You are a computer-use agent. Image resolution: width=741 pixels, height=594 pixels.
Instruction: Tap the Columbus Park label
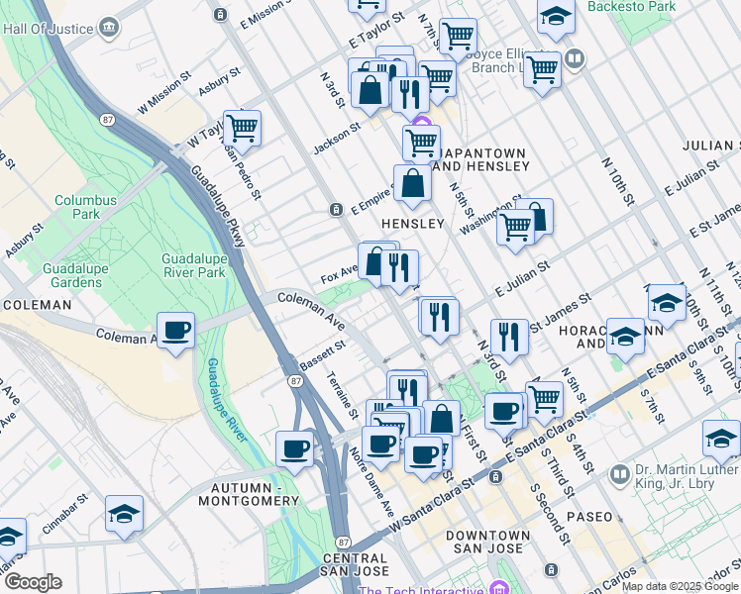85,206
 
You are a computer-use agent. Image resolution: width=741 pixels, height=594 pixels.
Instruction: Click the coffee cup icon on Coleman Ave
176,331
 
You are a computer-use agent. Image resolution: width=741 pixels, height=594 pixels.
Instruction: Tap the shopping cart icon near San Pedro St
242,128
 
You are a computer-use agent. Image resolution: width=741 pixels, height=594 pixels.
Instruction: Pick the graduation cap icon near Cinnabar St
125,514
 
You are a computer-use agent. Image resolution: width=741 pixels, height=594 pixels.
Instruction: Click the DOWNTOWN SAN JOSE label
486,543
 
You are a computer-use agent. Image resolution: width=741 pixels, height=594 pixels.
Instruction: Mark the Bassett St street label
321,354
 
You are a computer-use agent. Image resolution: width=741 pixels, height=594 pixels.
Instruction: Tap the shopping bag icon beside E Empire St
412,183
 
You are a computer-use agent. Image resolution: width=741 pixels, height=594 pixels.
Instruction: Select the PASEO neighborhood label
590,517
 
